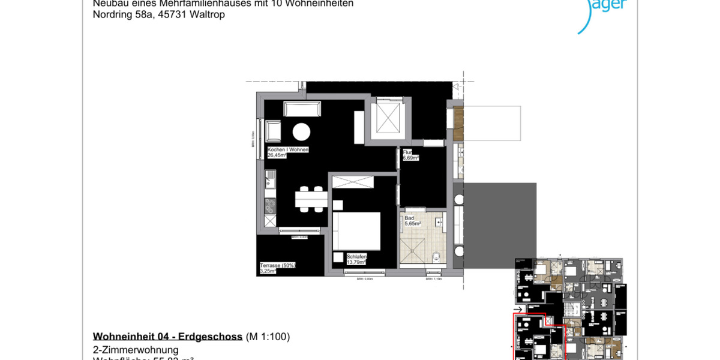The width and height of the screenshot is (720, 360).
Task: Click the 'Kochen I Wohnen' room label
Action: [288, 149]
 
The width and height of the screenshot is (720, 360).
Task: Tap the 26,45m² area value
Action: [277, 155]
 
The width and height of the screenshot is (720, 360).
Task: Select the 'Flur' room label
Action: [407, 152]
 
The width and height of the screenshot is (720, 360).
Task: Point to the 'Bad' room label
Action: [409, 218]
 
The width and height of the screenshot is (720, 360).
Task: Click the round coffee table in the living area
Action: [301, 131]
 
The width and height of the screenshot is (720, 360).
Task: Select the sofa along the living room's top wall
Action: [302, 109]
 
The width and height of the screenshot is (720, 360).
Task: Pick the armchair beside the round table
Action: [274, 130]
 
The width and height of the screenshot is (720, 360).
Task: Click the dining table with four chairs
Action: [311, 197]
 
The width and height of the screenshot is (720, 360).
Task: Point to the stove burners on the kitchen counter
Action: [269, 206]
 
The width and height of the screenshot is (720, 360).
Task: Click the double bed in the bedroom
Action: [357, 231]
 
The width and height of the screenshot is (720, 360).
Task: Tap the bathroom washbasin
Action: [440, 222]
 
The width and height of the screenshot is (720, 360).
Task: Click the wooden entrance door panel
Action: [459, 124]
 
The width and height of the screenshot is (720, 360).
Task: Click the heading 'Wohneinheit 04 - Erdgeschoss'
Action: [167, 337]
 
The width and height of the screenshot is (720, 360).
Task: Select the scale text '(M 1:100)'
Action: [268, 337]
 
